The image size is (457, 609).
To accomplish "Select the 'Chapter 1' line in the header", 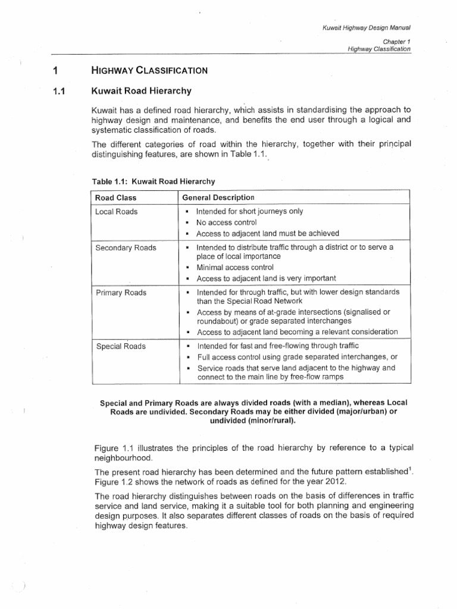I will coord(397,42).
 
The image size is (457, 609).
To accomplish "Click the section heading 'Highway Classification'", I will coord(149,70).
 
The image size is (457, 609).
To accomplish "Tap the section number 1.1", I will coord(58,91).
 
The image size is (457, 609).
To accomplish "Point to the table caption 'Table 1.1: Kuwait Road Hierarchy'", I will coord(152,181).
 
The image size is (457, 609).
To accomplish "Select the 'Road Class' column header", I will coord(115,197).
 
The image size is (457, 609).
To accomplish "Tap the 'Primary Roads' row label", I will coord(121,293).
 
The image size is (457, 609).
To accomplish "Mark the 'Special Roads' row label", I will coord(120,346).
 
